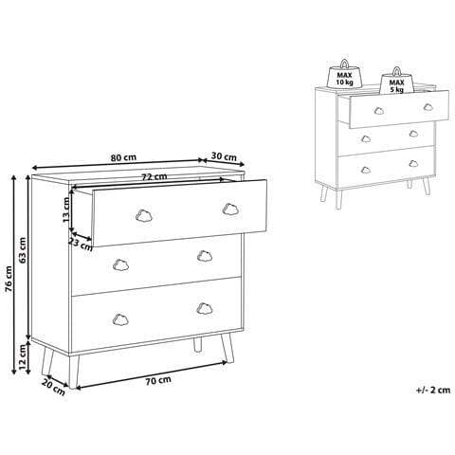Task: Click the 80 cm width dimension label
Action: pyautogui.click(x=123, y=157)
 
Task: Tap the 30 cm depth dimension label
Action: pyautogui.click(x=224, y=156)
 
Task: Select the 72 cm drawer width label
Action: pyautogui.click(x=154, y=176)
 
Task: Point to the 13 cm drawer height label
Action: pyautogui.click(x=66, y=209)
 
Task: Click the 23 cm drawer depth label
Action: pyautogui.click(x=82, y=245)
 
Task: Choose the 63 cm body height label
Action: pyautogui.click(x=23, y=250)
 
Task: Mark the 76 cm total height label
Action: pyautogui.click(x=9, y=279)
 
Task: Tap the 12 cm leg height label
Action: pyautogui.click(x=22, y=357)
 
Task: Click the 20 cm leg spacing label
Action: pyautogui.click(x=53, y=387)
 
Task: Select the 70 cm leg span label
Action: pyautogui.click(x=158, y=381)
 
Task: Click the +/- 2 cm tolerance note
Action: pyautogui.click(x=433, y=390)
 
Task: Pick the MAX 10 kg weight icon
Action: pyautogui.click(x=344, y=74)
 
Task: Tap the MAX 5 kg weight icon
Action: pyautogui.click(x=396, y=82)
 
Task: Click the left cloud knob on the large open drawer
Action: pyautogui.click(x=144, y=216)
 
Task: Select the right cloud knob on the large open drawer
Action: pyautogui.click(x=230, y=209)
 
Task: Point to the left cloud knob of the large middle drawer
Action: pyautogui.click(x=120, y=264)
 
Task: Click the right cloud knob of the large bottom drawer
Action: pyautogui.click(x=205, y=308)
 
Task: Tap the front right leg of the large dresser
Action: pyautogui.click(x=227, y=349)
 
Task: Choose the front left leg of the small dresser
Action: pyautogui.click(x=324, y=192)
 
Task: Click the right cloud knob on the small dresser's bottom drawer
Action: pyautogui.click(x=413, y=163)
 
